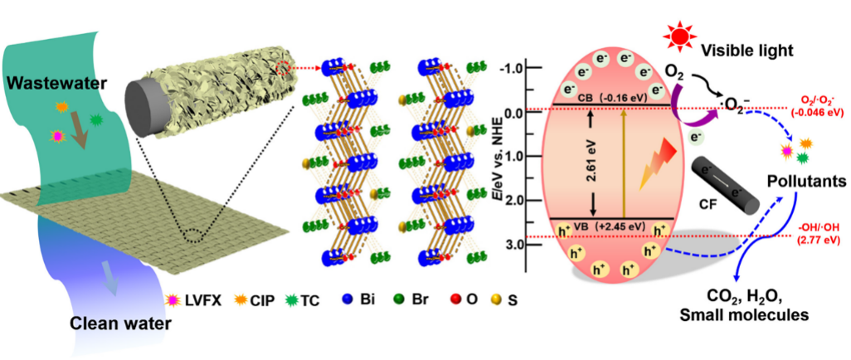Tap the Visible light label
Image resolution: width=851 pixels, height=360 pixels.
(746, 51)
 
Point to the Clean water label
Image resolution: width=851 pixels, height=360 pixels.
(120, 324)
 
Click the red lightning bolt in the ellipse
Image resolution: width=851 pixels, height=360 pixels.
(659, 163)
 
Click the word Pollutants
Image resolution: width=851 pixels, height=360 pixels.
(807, 182)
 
